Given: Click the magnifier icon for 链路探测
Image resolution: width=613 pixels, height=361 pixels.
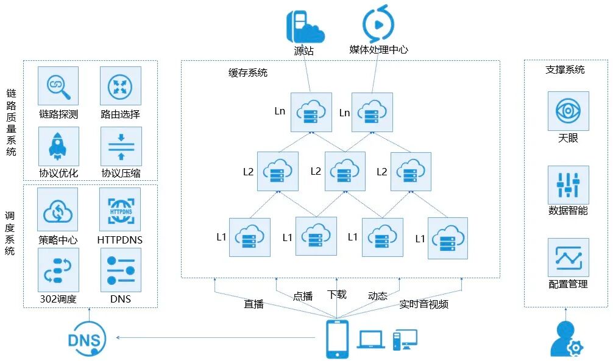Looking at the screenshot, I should (x=58, y=86).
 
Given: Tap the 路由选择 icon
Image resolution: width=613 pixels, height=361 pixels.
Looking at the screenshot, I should (x=120, y=86).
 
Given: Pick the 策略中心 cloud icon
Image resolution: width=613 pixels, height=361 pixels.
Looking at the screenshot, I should (x=58, y=209).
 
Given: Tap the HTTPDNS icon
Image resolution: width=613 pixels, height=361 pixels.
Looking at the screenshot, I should (x=120, y=209).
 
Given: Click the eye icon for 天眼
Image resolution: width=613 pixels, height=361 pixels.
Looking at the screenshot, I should (x=568, y=111).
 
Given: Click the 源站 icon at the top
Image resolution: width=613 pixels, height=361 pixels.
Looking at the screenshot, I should (x=305, y=26).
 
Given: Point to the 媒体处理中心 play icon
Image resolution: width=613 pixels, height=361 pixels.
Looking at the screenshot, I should (x=378, y=24).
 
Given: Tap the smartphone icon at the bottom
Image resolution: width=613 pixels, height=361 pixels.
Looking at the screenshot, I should (x=337, y=339).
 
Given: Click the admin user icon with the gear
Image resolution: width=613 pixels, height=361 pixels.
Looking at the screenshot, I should (x=565, y=339).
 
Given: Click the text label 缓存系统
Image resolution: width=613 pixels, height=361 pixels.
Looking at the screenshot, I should (x=248, y=73).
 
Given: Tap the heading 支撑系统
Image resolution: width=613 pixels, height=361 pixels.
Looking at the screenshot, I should (x=565, y=69).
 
